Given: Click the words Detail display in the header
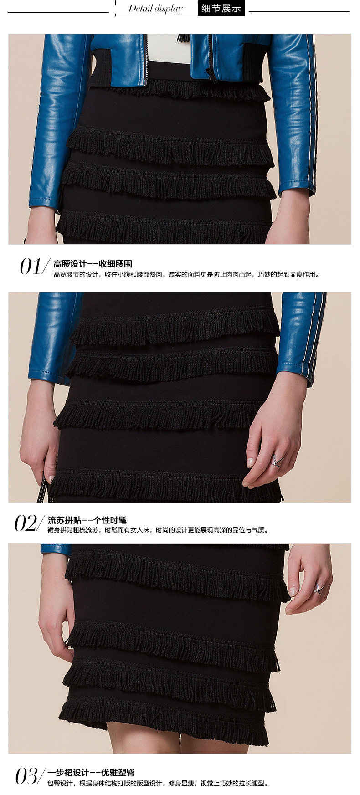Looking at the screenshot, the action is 155,9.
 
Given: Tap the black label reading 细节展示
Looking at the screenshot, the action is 221,8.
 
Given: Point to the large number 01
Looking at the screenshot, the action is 31,267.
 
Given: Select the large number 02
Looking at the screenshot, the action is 26,523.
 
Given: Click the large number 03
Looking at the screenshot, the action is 27,776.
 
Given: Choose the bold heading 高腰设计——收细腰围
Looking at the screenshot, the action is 93,264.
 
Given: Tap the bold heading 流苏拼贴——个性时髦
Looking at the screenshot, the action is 87,520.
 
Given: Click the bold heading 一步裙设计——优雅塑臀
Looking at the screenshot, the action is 91,773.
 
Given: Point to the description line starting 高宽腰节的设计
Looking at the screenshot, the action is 186,274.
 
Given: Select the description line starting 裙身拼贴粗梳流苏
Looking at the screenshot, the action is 158,530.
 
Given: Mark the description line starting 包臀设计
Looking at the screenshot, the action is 158,783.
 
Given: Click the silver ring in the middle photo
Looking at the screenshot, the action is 278,460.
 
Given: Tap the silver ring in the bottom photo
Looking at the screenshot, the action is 319,589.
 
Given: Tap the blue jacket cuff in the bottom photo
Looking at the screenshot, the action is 56,549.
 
